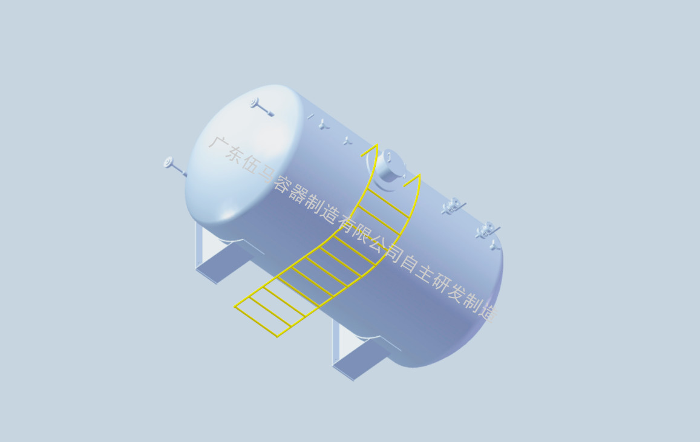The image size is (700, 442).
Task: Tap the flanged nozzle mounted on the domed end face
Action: click(x=261, y=108)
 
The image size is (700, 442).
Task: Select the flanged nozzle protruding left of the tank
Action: click(x=175, y=166)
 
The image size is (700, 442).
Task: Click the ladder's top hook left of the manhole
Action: click(x=370, y=151)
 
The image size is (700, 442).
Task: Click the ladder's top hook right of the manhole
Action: click(x=412, y=180)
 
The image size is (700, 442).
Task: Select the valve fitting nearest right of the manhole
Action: click(x=453, y=206)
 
